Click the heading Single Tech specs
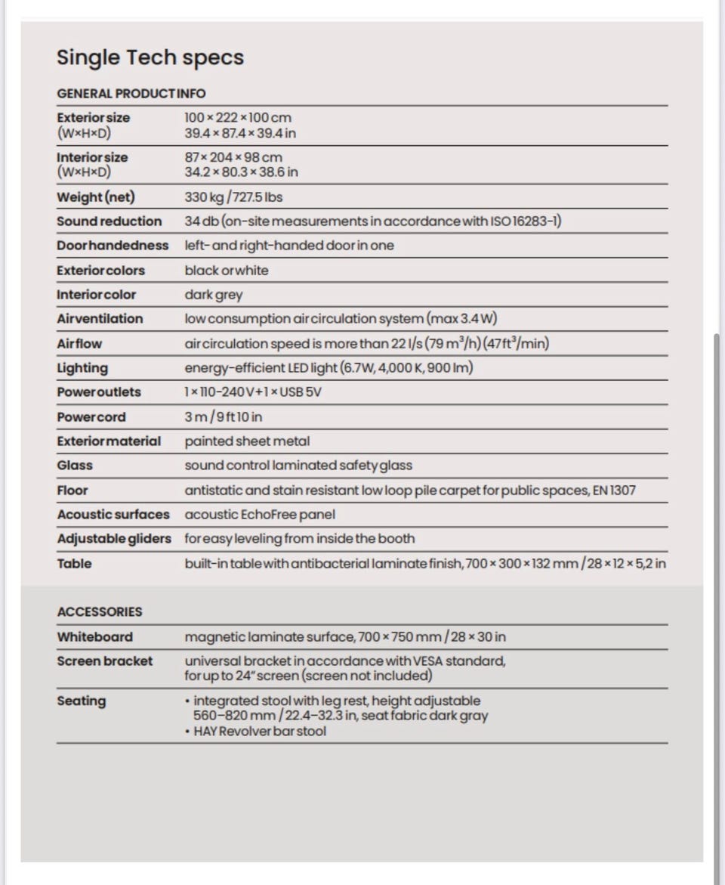(x=150, y=57)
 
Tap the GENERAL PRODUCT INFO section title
(x=131, y=94)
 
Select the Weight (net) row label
(x=96, y=197)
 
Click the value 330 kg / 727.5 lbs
(x=233, y=197)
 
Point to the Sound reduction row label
(x=109, y=221)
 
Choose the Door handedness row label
(x=113, y=246)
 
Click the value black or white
(x=226, y=271)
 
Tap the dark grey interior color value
(x=214, y=295)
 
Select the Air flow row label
(x=79, y=344)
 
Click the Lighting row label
(x=82, y=368)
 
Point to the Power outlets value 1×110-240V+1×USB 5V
(x=253, y=392)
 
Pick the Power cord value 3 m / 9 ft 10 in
(x=224, y=417)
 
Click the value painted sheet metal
(x=247, y=441)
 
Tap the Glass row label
(x=75, y=466)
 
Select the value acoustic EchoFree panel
(x=260, y=515)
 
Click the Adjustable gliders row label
(x=114, y=539)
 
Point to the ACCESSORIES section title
(x=100, y=611)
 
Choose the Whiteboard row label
(x=94, y=637)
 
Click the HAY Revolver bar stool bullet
(x=260, y=732)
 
